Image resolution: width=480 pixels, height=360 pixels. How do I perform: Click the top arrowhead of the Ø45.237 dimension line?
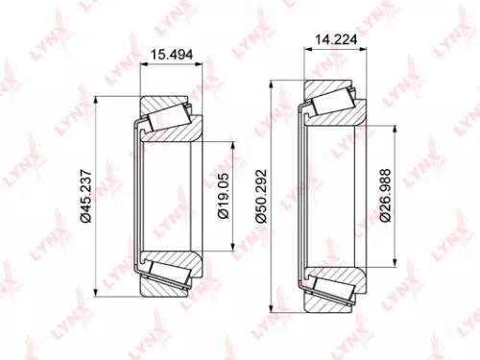pyautogui.click(x=96, y=100)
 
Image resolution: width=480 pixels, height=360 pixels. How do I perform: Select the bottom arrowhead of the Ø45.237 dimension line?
pyautogui.click(x=96, y=294)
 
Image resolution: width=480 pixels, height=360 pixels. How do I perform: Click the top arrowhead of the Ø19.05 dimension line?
pyautogui.click(x=232, y=144)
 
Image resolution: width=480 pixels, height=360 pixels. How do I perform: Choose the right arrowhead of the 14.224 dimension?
pyautogui.click(x=361, y=50)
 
